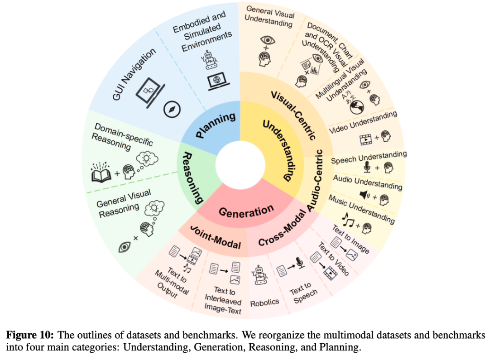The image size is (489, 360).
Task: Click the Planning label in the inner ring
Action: click(x=216, y=125)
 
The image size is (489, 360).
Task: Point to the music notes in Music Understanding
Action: click(x=349, y=220)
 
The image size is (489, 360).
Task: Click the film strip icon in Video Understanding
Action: click(x=365, y=139)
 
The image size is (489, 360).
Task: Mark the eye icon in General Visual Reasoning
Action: click(x=124, y=246)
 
